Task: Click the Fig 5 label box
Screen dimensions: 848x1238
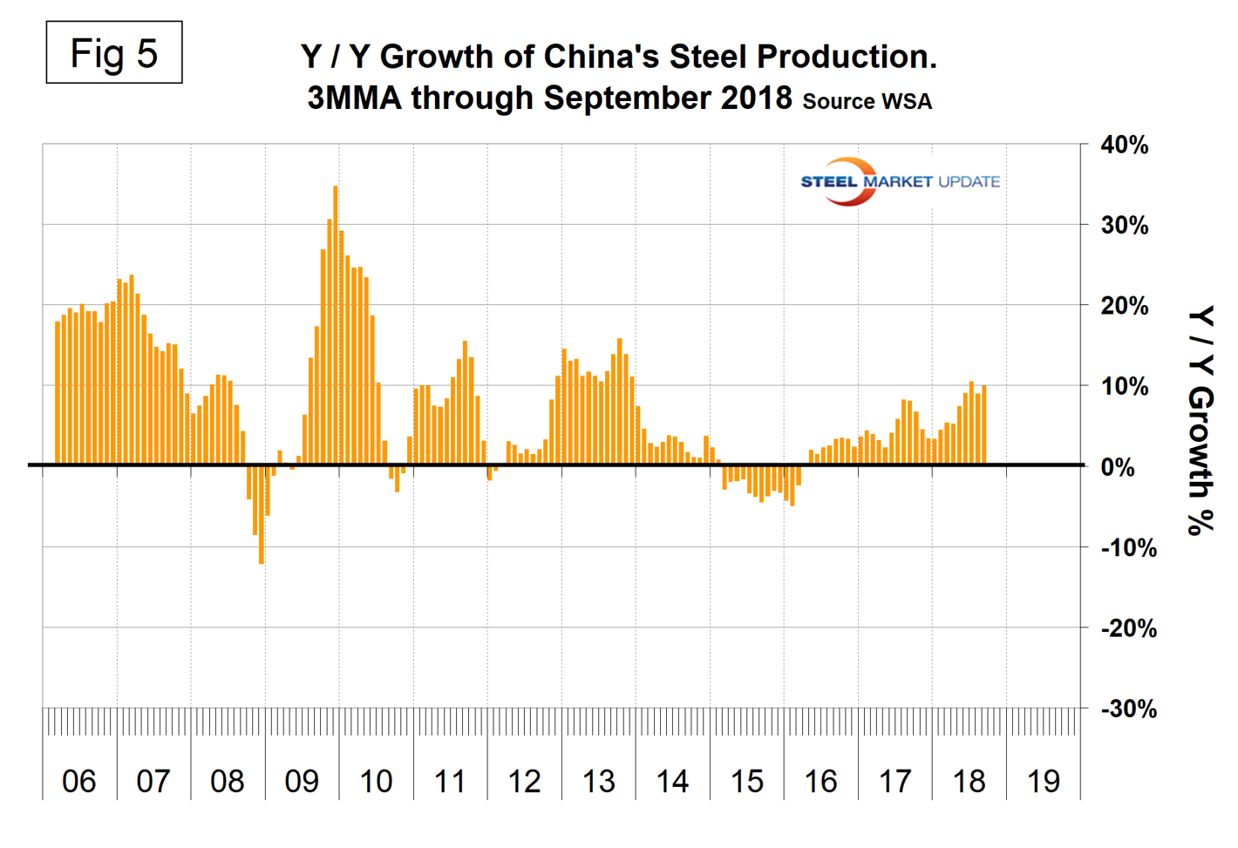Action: pos(114,53)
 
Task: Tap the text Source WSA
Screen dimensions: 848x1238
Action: pos(867,101)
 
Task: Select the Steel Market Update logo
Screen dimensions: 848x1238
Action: pos(899,181)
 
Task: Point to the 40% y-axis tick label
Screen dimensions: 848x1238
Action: pos(1124,146)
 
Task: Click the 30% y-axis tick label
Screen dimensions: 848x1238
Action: pos(1124,226)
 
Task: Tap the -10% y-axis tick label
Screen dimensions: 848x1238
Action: pos(1128,548)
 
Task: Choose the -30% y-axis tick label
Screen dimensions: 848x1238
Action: pos(1128,709)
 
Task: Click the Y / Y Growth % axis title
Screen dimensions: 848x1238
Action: pos(1201,420)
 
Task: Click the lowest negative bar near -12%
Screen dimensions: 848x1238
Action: pos(262,514)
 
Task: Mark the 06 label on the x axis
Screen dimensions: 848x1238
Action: pos(79,781)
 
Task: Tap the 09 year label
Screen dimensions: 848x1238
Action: pos(302,781)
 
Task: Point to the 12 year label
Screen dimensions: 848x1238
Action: pos(524,781)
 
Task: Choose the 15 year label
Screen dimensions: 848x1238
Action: pos(747,781)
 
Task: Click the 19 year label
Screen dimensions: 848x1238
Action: pos(1044,781)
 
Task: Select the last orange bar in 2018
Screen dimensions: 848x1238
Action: pos(984,425)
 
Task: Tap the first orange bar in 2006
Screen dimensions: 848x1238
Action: pos(58,393)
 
